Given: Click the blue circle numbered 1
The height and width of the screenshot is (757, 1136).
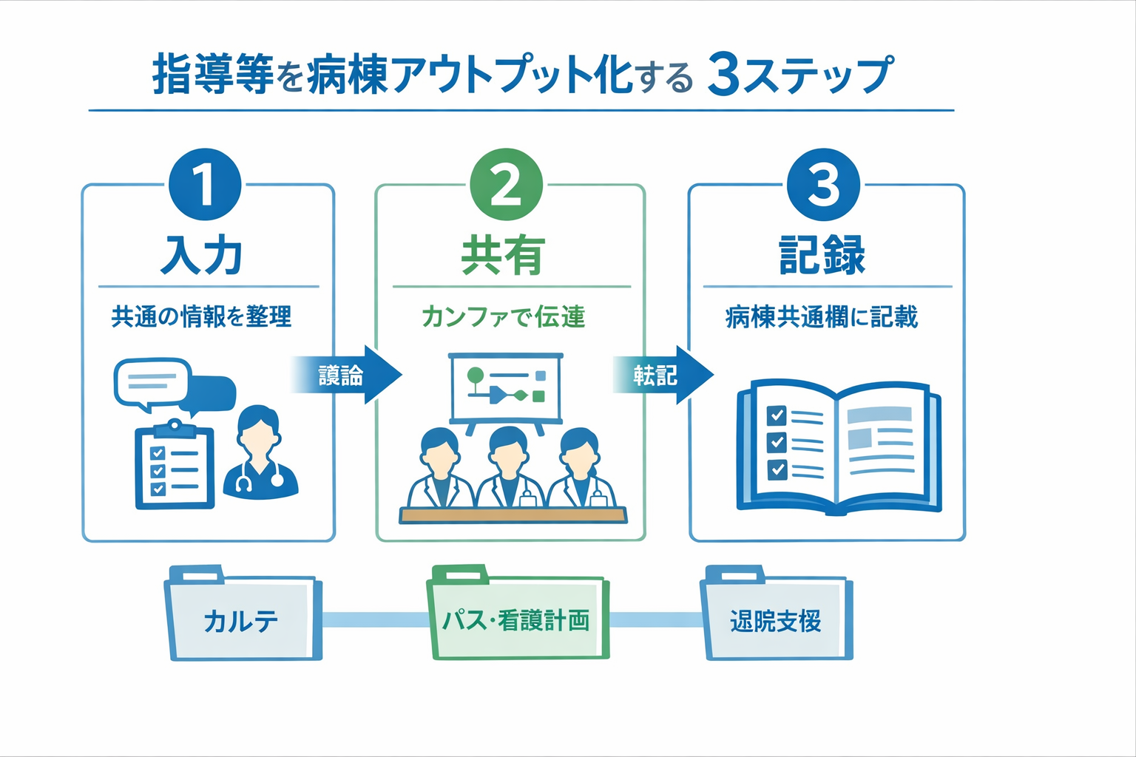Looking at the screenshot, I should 205,185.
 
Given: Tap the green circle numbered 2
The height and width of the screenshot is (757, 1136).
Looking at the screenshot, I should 507,185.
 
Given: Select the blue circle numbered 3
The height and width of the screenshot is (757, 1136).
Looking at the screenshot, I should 823,185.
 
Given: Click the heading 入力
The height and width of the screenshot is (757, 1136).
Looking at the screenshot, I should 203,256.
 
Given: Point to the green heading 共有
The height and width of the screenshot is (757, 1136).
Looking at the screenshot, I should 504,256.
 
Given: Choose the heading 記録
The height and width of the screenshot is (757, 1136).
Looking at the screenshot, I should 822,256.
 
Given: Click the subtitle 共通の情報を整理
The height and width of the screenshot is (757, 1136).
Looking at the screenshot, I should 201,317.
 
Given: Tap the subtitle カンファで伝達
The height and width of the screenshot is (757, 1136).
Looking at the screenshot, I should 504,317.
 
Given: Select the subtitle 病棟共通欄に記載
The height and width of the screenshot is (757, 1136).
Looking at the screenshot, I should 822,317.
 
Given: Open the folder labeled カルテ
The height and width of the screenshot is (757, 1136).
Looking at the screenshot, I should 242,617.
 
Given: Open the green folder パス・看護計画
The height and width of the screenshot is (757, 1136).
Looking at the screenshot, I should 517,617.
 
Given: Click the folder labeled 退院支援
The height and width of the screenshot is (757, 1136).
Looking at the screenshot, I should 777,617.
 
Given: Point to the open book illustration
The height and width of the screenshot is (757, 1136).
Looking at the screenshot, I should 839,447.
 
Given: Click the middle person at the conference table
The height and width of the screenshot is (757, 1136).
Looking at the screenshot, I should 507,467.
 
